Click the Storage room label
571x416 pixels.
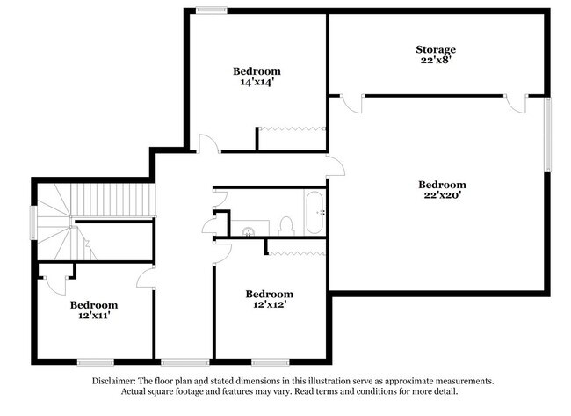(436, 50)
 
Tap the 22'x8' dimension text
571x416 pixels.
(436, 62)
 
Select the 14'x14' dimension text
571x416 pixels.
(257, 82)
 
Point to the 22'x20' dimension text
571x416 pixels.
(442, 196)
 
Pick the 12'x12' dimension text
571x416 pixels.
(269, 305)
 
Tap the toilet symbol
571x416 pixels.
(285, 224)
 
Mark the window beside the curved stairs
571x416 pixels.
(33, 223)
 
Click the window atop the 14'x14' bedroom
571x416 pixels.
(211, 11)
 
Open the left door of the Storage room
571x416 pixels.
(351, 103)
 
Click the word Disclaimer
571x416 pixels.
(116, 382)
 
